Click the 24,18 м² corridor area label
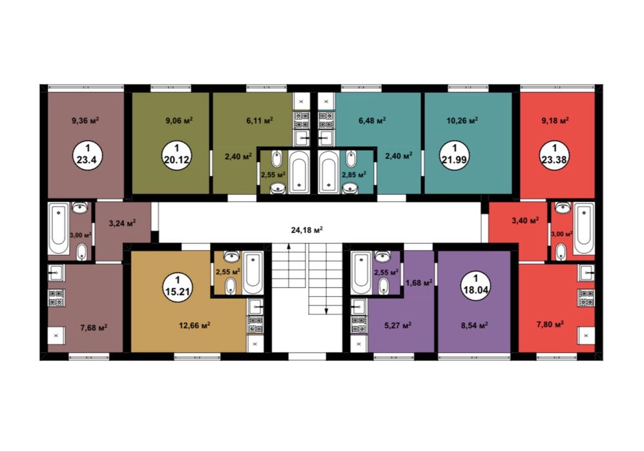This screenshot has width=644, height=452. (307, 230)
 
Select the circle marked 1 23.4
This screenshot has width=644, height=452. (87, 156)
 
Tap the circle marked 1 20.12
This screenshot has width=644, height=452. (176, 156)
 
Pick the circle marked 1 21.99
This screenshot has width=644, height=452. (455, 156)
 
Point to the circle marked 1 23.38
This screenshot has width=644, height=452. (554, 156)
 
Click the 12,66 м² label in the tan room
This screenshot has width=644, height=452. (194, 325)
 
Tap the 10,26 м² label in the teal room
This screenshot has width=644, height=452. (462, 121)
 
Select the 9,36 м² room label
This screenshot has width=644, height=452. (85, 120)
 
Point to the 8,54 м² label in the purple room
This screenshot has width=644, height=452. (474, 325)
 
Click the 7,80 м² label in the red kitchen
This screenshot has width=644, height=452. (550, 324)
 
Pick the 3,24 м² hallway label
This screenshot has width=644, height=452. (122, 223)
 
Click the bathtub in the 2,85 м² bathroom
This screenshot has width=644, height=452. (329, 172)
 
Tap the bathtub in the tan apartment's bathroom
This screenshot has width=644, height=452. (253, 273)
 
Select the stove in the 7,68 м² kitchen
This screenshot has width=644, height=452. (56, 298)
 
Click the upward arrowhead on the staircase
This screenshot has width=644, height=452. (289, 246)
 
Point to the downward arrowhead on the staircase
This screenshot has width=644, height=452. (326, 311)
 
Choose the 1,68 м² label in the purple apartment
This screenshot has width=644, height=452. (419, 282)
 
